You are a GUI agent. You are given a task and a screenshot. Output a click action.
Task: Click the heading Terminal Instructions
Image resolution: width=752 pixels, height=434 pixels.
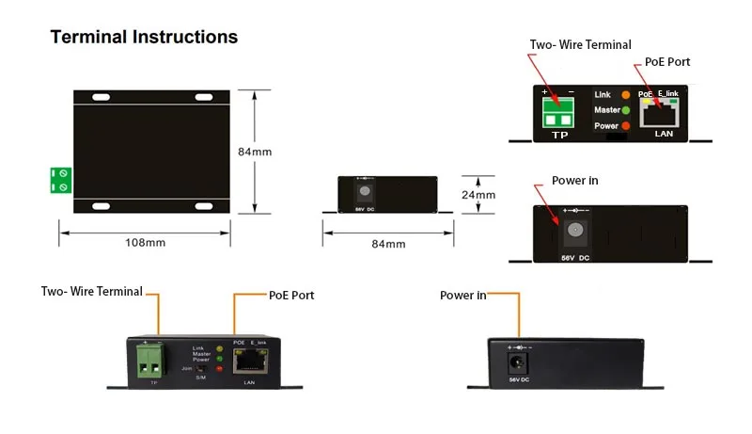pyautogui.click(x=144, y=38)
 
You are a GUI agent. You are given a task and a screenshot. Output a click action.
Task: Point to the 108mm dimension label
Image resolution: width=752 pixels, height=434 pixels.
pyautogui.click(x=145, y=243)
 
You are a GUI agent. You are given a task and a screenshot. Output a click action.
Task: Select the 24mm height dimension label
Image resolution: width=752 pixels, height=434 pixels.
pyautogui.click(x=479, y=196)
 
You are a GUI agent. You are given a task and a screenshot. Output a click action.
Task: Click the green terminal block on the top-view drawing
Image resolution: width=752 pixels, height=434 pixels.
pyautogui.click(x=62, y=181)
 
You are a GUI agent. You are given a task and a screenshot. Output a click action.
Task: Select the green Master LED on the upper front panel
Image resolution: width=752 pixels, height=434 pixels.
pyautogui.click(x=626, y=111)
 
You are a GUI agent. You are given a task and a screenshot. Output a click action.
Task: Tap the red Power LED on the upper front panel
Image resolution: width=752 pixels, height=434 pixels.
pyautogui.click(x=626, y=126)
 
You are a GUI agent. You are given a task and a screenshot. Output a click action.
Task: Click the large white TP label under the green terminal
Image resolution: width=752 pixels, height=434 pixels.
pyautogui.click(x=560, y=136)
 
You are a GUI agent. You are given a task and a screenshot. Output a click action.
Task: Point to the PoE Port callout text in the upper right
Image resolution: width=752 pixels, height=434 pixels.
pyautogui.click(x=667, y=62)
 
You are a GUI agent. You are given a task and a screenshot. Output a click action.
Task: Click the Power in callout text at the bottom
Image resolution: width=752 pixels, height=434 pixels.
pyautogui.click(x=462, y=296)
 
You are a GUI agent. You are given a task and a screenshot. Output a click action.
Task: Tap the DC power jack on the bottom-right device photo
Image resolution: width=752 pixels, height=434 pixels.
pyautogui.click(x=514, y=361)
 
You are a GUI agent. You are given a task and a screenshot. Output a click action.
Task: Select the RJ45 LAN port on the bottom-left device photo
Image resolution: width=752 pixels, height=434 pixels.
pyautogui.click(x=249, y=362)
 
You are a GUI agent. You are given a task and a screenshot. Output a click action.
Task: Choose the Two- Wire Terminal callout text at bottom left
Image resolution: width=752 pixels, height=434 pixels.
pyautogui.click(x=91, y=292)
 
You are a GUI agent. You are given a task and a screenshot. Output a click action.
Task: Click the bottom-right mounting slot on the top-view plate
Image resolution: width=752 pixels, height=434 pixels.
pyautogui.click(x=206, y=203)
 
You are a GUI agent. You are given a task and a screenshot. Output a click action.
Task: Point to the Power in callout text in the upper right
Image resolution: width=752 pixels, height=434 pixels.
pyautogui.click(x=575, y=181)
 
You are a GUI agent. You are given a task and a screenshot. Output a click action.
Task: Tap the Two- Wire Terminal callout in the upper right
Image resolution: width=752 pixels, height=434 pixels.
pyautogui.click(x=580, y=44)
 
